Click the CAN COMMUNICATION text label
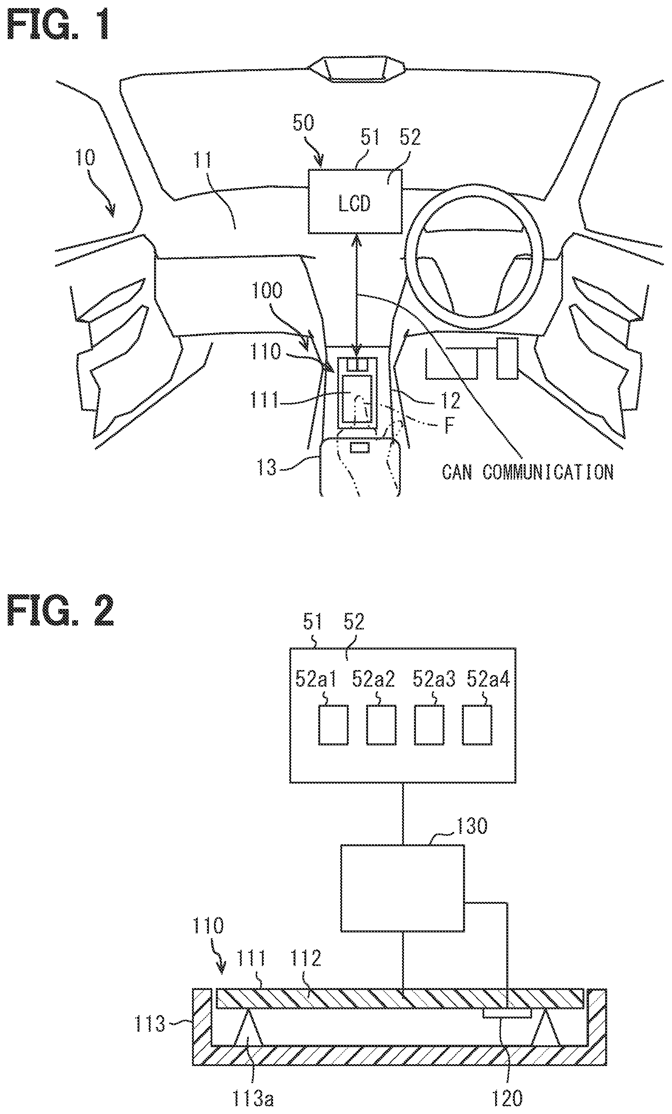point(528,473)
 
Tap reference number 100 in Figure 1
point(266,291)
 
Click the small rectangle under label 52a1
point(334,725)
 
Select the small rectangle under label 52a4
point(477,725)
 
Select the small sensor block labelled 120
point(507,1014)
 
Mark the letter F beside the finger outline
point(449,426)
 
